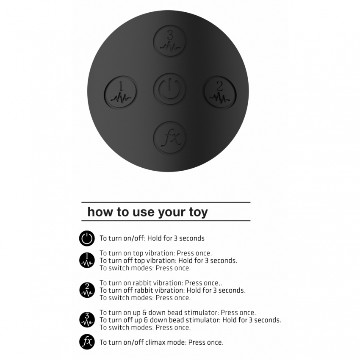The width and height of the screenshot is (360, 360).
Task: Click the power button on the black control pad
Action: pyautogui.click(x=170, y=89)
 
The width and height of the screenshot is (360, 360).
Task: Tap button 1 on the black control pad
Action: pyautogui.click(x=121, y=92)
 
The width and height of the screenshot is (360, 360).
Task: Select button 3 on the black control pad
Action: pyautogui.click(x=170, y=41)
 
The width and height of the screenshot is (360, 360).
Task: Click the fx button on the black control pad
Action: pyautogui.click(x=170, y=138)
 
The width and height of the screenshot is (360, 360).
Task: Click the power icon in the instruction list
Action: pyautogui.click(x=87, y=238)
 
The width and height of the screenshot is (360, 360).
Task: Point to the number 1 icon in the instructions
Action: pyautogui.click(x=87, y=260)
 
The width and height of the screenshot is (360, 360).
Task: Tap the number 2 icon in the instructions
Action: pyautogui.click(x=87, y=290)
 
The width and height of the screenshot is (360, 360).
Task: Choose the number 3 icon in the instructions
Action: pyautogui.click(x=87, y=320)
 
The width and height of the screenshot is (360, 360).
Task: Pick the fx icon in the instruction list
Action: pyautogui.click(x=87, y=342)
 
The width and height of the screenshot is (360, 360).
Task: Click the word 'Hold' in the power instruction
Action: pyautogui.click(x=155, y=238)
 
